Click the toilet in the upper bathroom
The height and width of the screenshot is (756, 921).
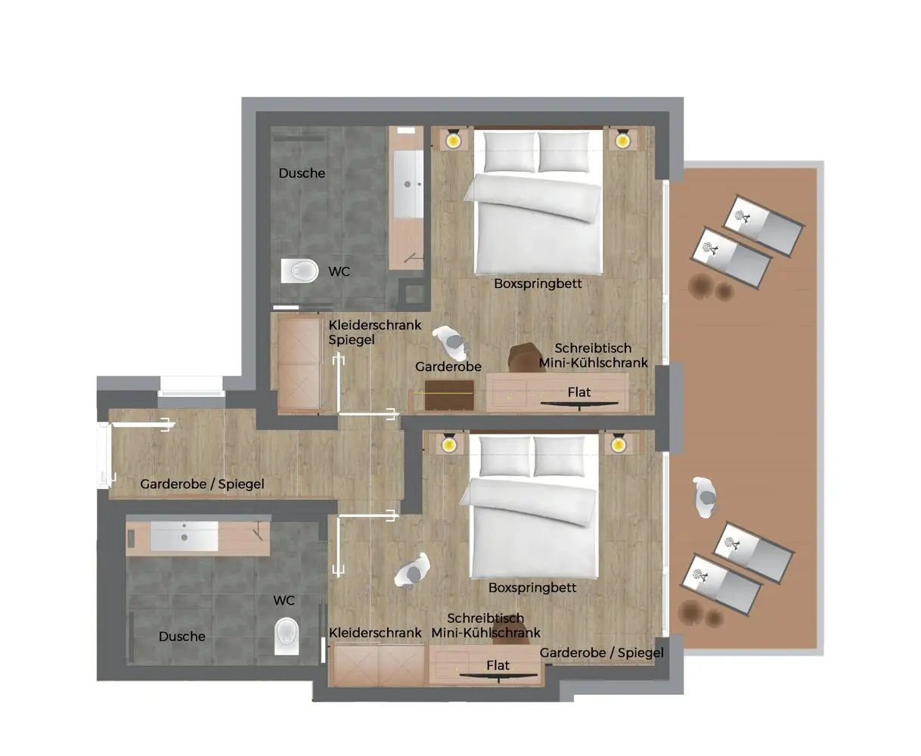coord(299,271)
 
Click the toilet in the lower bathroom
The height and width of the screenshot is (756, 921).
coord(287,636)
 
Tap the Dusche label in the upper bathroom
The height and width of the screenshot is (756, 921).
coord(302,173)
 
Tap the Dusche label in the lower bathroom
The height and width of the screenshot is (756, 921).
coord(181,636)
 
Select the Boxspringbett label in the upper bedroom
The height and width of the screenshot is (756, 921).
coord(538,284)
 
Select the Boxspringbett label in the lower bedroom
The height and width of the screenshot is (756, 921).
coord(532,588)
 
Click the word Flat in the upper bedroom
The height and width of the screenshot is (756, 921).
coord(579,392)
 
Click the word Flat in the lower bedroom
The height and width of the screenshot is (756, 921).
coord(498,665)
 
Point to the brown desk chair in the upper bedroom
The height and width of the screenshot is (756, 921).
coord(526,358)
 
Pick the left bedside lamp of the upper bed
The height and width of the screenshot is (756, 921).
coord(452,139)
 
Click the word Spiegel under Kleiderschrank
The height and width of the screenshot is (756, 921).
coord(352,340)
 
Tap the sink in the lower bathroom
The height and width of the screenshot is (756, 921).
coord(184,535)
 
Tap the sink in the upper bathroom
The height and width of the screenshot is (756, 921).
coord(408,184)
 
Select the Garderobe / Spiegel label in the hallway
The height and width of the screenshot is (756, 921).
coord(202,484)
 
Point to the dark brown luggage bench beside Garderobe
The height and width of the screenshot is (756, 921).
coord(449,395)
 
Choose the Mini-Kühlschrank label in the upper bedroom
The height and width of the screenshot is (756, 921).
coord(593,362)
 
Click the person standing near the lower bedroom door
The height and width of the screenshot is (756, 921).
coord(412,571)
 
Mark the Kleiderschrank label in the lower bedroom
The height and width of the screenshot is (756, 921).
coord(375,633)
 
